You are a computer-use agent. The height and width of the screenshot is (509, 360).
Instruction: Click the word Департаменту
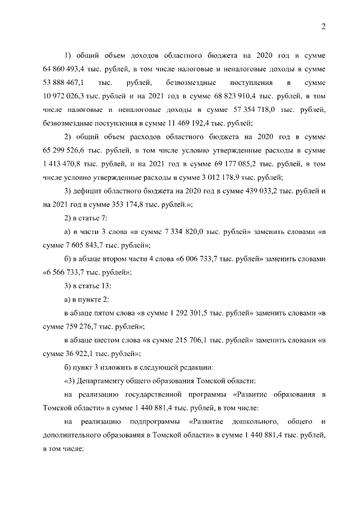click(x=106, y=380)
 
